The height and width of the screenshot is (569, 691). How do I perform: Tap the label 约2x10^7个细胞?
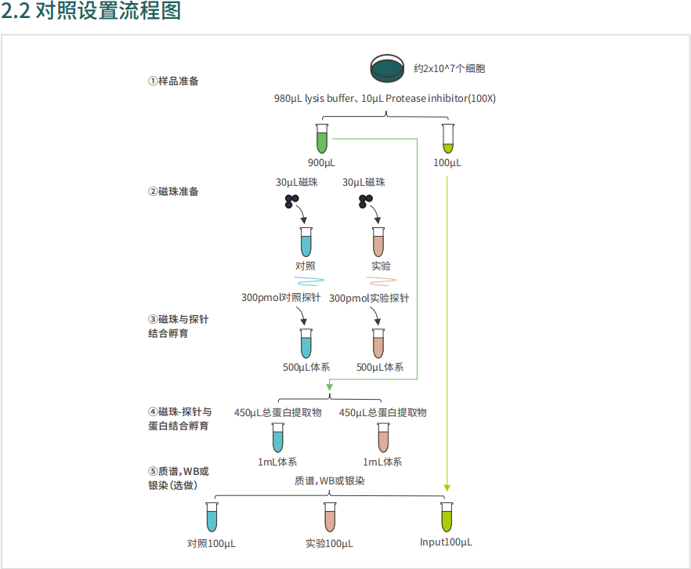449,69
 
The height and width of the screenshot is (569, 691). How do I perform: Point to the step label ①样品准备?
173,81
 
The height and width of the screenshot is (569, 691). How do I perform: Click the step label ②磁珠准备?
173,191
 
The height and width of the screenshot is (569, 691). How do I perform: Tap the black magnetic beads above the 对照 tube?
291,201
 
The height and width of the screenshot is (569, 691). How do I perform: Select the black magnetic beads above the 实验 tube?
364,201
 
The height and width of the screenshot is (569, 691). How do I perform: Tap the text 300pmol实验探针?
369,298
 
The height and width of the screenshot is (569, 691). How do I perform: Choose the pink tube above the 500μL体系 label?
378,342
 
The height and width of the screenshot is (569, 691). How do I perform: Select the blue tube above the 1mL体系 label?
277,437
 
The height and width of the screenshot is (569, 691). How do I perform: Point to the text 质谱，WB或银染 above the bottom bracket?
330,480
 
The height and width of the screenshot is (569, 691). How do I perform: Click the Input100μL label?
446,542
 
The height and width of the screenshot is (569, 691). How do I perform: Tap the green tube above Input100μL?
447,517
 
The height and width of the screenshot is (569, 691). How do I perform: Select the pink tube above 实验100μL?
330,517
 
